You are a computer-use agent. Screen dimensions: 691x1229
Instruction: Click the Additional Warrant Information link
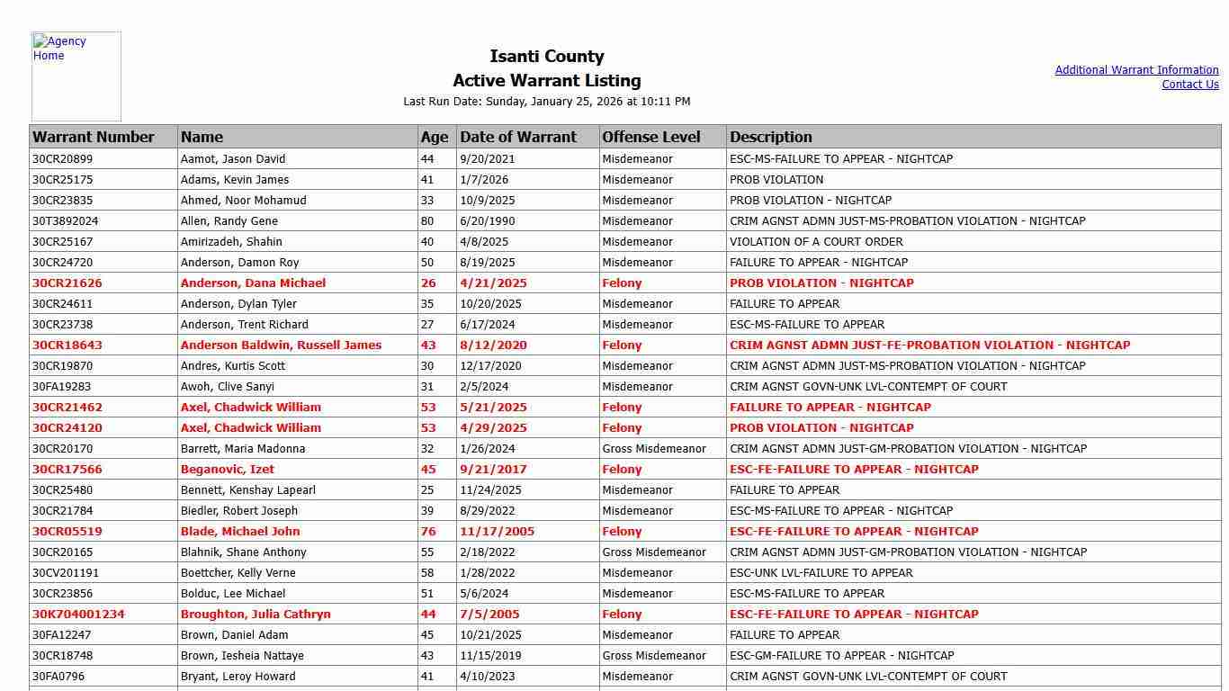click(x=1136, y=70)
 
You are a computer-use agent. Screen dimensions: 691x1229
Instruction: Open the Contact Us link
click(x=1189, y=85)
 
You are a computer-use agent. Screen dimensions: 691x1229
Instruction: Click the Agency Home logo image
click(x=76, y=76)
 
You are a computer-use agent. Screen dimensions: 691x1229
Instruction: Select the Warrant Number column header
click(x=94, y=137)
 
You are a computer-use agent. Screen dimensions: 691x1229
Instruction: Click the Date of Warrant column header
click(x=518, y=137)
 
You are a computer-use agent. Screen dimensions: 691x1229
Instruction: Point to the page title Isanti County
click(x=547, y=57)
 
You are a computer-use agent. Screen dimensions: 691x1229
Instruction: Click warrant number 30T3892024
click(x=66, y=221)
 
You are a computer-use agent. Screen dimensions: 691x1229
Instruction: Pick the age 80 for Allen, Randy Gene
click(x=427, y=221)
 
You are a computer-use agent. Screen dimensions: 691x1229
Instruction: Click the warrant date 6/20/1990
click(x=487, y=221)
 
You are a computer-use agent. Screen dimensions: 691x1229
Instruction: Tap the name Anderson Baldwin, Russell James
click(x=281, y=345)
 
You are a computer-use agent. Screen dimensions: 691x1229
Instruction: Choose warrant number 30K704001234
click(x=78, y=615)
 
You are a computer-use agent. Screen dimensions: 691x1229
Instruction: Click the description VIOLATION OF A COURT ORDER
click(x=816, y=242)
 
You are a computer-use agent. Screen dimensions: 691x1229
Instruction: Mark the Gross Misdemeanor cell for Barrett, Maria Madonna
click(x=654, y=449)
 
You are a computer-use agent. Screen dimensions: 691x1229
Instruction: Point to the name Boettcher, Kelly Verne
click(x=238, y=573)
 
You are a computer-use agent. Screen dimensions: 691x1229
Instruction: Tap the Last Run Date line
click(x=547, y=102)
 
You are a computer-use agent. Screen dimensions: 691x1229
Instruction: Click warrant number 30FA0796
click(x=58, y=677)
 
